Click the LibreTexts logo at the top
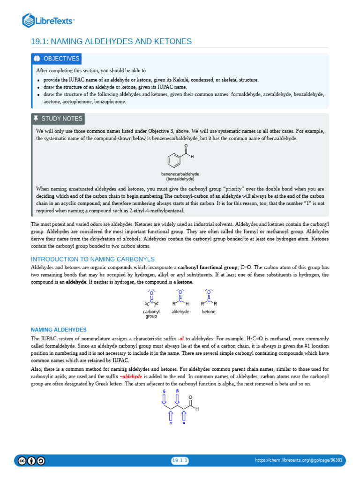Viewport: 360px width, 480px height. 49,20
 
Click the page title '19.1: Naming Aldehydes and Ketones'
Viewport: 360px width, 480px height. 111,42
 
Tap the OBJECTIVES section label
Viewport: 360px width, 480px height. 61,59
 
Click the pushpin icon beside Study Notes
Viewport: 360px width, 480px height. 36,119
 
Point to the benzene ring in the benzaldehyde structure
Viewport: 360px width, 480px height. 174,161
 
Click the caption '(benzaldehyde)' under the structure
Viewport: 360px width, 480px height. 180,179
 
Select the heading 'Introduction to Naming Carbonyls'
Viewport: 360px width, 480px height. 92,259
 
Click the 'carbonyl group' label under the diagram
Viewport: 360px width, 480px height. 151,314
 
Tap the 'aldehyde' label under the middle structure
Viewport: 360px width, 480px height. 180,312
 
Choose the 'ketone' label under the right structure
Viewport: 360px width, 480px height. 209,312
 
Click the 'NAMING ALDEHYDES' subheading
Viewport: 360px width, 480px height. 59,330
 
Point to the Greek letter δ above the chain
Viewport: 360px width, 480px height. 164,390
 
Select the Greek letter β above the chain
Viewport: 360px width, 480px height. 177,390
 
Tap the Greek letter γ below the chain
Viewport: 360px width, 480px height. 171,423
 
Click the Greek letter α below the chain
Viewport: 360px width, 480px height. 184,423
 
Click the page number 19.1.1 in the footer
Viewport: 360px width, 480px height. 180,461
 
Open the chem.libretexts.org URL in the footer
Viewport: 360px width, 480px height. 299,461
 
